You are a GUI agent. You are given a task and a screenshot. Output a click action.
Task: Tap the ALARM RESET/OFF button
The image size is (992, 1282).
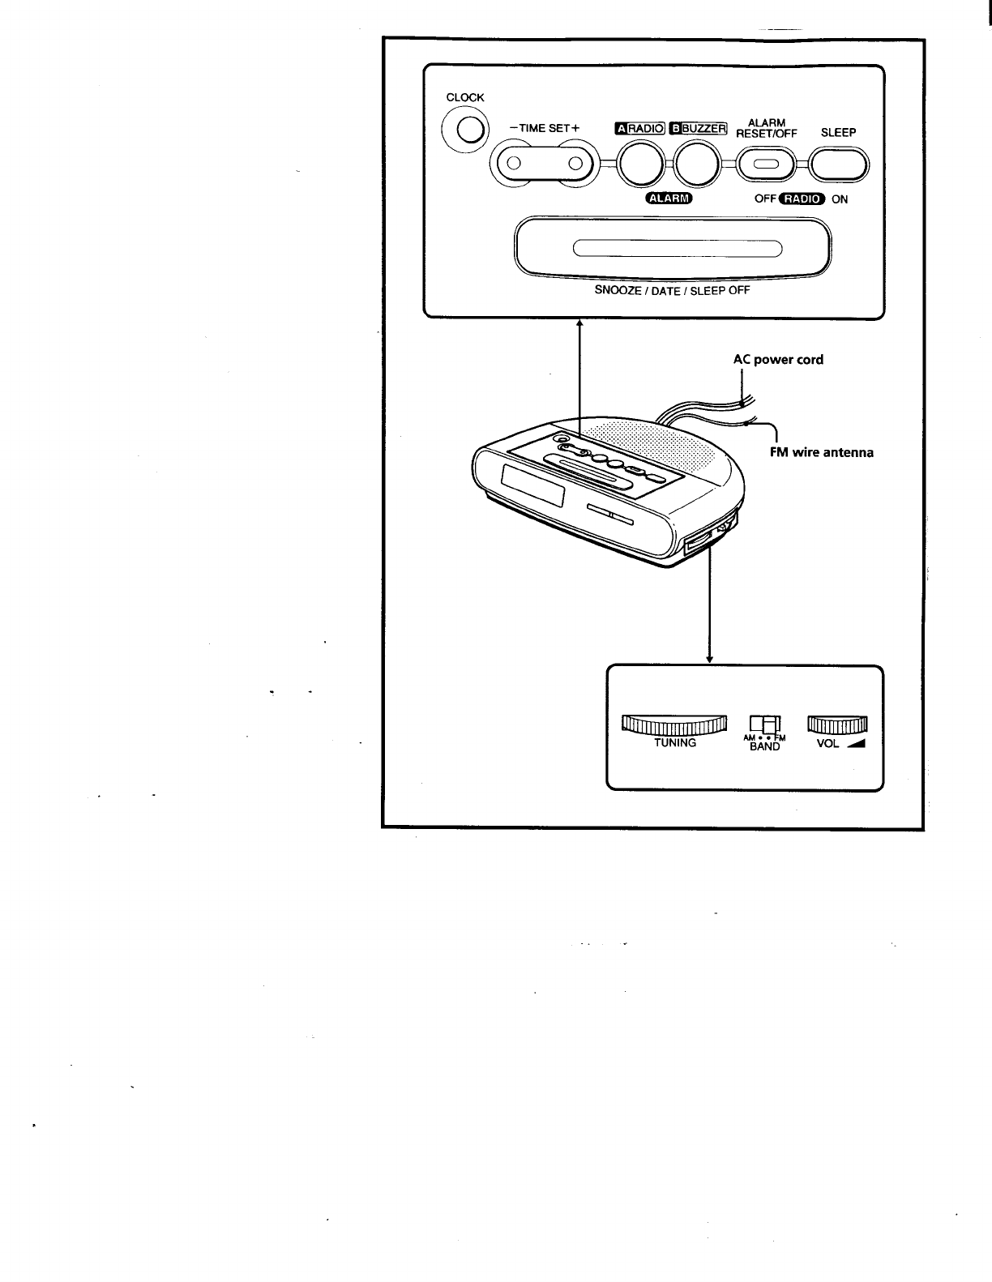766,165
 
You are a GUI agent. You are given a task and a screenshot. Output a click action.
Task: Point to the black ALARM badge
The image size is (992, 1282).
668,199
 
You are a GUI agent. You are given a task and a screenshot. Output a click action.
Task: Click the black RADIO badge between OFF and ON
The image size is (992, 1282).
801,199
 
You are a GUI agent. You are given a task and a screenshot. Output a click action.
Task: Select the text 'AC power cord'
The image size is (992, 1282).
778,359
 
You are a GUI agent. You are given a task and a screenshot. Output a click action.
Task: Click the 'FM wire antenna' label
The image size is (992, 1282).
821,452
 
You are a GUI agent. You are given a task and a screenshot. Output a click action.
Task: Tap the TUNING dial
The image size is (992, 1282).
673,724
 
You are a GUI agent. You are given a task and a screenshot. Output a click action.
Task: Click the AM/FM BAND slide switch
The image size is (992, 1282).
764,723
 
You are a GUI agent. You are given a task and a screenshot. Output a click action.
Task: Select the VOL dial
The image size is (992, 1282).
837,724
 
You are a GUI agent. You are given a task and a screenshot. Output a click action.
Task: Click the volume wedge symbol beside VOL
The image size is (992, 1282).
856,744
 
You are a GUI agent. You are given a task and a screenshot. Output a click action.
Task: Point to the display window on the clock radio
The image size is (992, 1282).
533,486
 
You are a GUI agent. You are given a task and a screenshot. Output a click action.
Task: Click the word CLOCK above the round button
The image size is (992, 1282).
465,97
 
